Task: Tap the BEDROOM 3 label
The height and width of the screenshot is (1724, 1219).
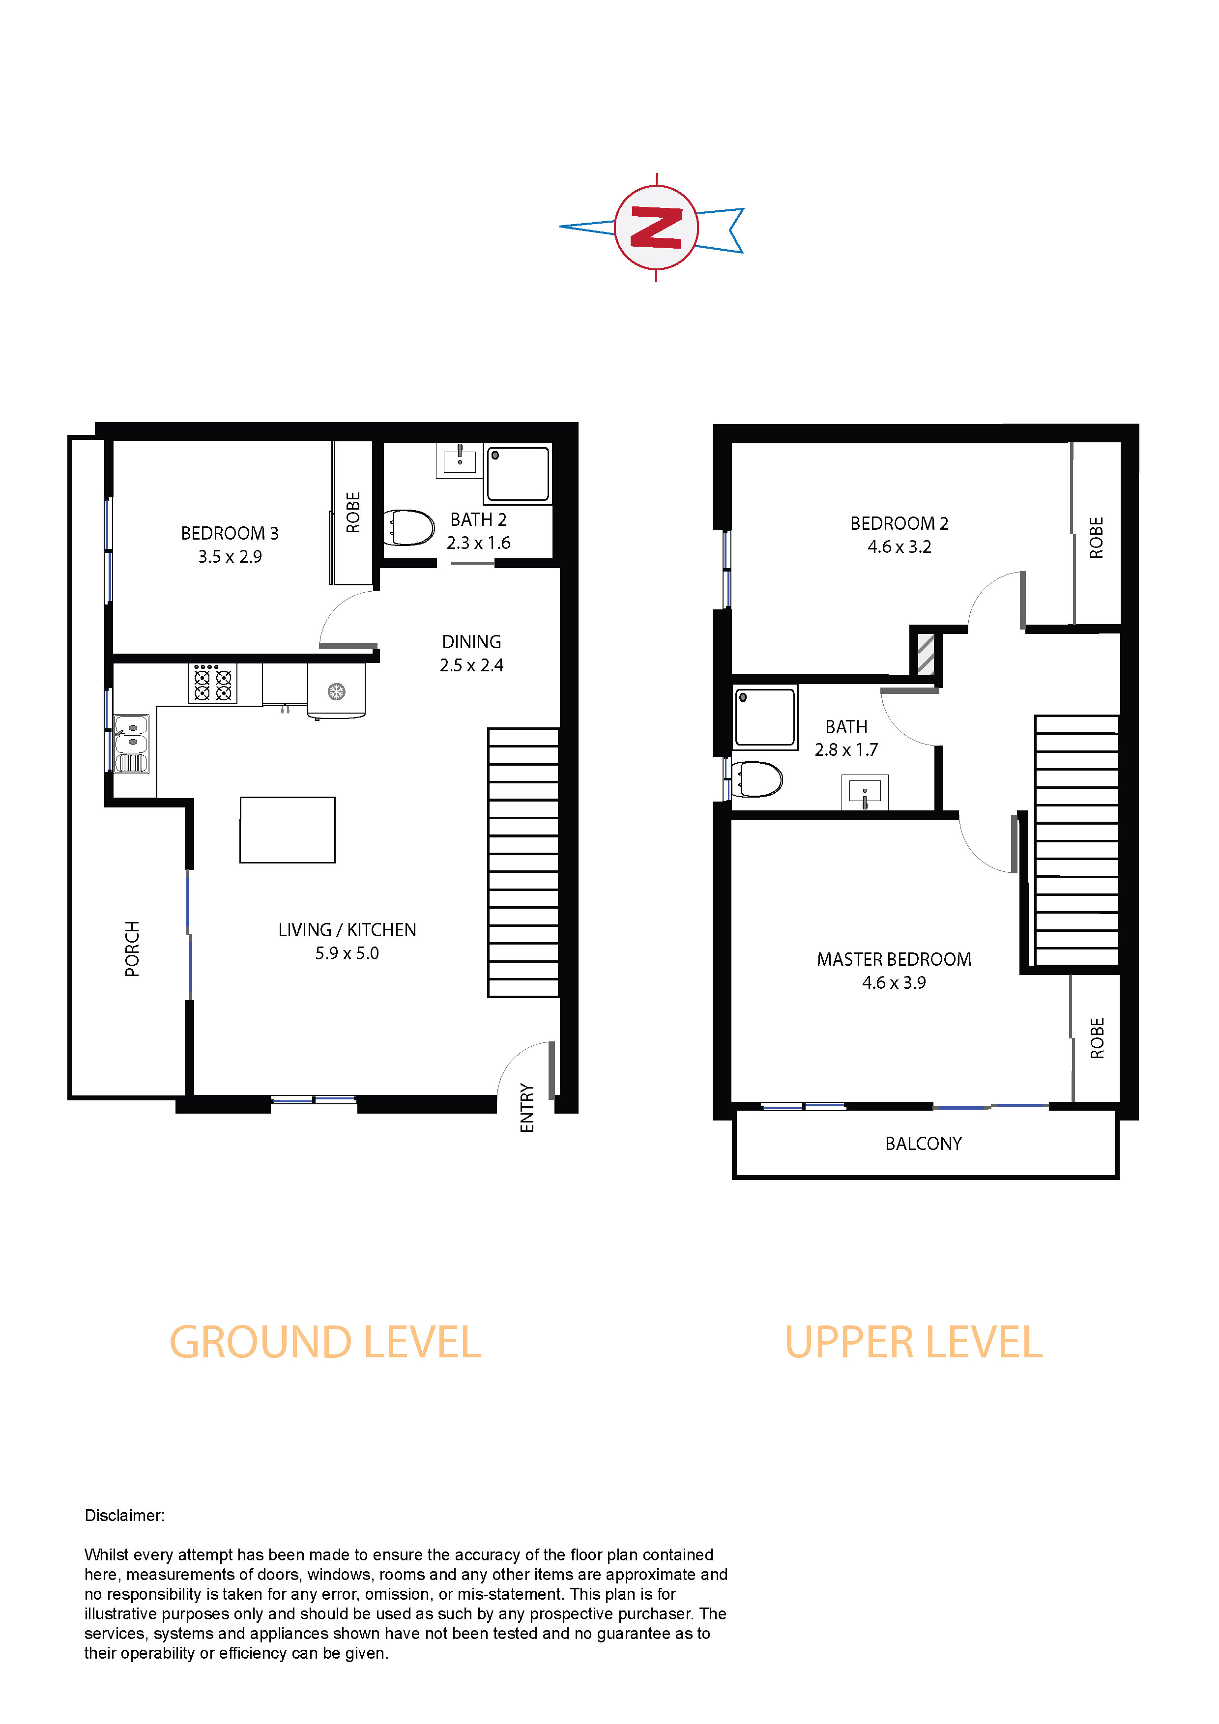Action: [x=230, y=533]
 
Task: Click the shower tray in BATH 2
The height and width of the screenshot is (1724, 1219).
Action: [x=518, y=474]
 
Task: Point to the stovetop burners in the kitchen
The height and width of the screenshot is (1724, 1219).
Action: [x=212, y=683]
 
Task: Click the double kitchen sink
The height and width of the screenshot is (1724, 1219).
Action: [x=131, y=744]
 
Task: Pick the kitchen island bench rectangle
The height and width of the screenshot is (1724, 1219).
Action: [x=288, y=830]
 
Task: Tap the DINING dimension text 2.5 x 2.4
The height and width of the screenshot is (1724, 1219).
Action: [x=472, y=665]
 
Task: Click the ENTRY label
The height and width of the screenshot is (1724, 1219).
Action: [x=527, y=1108]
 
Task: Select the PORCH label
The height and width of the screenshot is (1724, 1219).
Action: [x=132, y=948]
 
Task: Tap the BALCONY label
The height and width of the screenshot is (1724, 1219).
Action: [x=924, y=1144]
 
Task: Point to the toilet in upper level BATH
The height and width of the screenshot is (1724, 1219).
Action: [x=756, y=778]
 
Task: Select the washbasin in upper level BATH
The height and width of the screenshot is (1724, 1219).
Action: [x=865, y=792]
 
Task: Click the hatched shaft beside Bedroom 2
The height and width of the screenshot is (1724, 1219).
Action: [x=926, y=654]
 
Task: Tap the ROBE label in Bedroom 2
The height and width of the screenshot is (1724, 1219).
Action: [x=1097, y=538]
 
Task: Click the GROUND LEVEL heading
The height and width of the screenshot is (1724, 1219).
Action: [x=325, y=1343]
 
